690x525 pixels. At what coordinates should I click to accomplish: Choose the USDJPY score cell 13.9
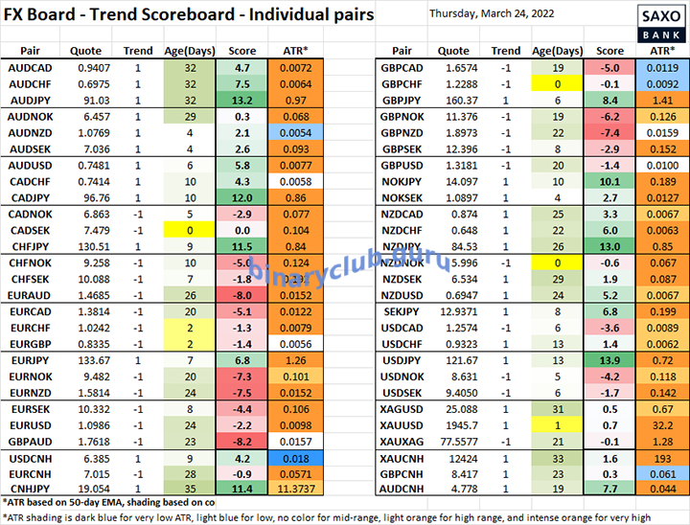(x=609, y=359)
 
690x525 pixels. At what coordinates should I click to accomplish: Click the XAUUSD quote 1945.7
(x=453, y=425)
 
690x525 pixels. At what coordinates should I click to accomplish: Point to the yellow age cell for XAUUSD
(x=557, y=425)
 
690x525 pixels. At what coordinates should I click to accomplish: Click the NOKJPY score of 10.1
(x=609, y=181)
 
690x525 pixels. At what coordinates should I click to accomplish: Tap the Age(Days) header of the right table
(x=557, y=50)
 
